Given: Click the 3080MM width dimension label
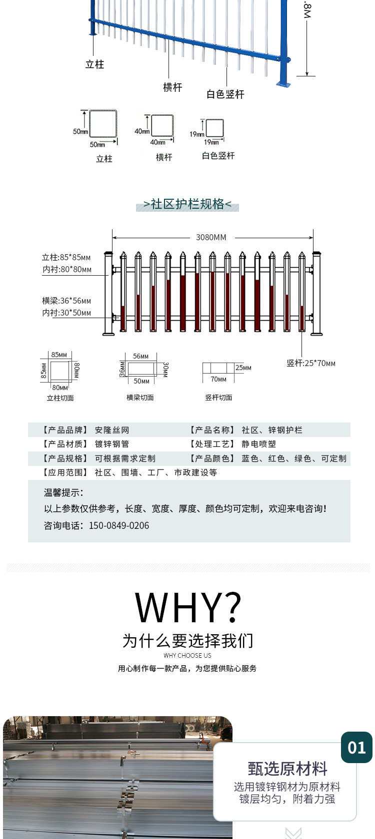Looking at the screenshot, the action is tap(211, 238).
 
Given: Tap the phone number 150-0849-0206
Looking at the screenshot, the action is tap(119, 525).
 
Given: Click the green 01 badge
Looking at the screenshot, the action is tap(356, 747).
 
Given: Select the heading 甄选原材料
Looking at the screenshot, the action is tap(287, 769).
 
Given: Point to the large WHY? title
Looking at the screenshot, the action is tap(188, 607).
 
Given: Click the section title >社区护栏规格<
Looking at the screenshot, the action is tap(187, 204).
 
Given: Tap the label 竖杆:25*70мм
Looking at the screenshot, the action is tap(311, 363).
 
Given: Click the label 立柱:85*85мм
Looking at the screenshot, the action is tap(66, 257).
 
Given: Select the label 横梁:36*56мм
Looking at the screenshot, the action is tap(66, 301).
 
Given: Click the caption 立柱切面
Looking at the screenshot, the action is tap(60, 398).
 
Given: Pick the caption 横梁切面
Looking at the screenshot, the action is tap(140, 398).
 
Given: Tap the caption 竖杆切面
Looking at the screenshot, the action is tap(218, 398).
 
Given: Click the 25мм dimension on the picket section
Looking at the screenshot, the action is tap(243, 368).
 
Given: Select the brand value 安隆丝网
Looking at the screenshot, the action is tap(112, 430).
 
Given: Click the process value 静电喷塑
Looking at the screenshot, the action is tap(259, 444).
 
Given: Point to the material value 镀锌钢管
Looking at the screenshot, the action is tap(112, 444).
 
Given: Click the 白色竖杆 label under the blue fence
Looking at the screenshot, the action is tap(225, 94).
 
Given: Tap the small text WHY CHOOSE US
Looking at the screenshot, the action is tap(187, 655).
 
